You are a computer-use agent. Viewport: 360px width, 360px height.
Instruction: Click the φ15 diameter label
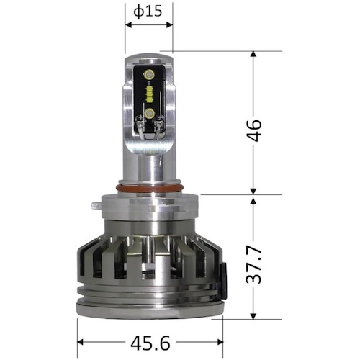point(148,12)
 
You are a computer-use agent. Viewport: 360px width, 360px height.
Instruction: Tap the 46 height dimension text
point(254,130)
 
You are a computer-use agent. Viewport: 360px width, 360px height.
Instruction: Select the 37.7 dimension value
point(254,264)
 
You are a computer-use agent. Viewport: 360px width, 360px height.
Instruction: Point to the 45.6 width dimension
point(150,343)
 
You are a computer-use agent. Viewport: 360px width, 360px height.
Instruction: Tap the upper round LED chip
point(149,75)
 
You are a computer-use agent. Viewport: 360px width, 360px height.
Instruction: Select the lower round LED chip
point(149,112)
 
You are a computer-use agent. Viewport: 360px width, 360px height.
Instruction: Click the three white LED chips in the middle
point(149,94)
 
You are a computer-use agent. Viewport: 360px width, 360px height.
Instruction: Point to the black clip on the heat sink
point(223,281)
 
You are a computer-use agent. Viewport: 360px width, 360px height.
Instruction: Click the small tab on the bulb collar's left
point(96,206)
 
